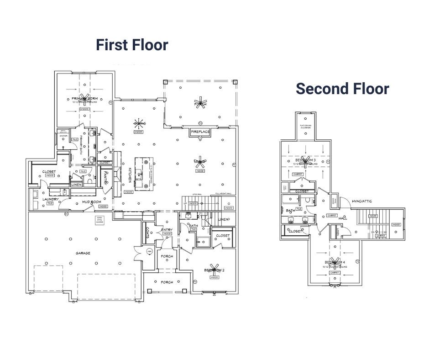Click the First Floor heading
(x=132, y=45)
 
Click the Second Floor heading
(x=342, y=89)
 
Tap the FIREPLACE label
(x=200, y=132)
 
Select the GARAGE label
(x=83, y=253)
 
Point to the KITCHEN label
(x=129, y=175)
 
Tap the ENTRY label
(x=166, y=230)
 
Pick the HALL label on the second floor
(x=343, y=218)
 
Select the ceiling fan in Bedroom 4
(x=335, y=262)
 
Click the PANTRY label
(x=105, y=177)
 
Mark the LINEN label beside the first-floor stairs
(x=224, y=220)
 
